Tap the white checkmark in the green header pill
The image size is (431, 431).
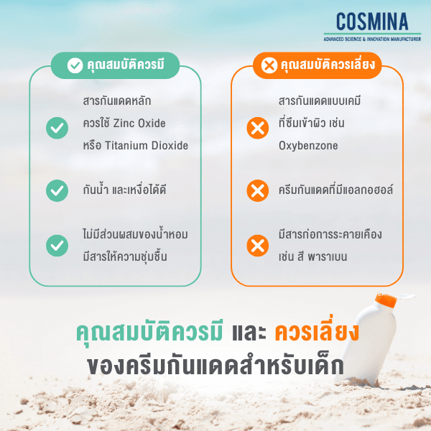click(75, 66)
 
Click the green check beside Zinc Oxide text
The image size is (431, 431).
click(57, 129)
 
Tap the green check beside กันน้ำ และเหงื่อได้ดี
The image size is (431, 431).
click(57, 190)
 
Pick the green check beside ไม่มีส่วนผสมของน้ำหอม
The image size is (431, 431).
click(57, 246)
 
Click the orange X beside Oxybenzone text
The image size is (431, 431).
click(256, 129)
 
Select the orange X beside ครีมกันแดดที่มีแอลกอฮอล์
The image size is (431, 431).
click(256, 190)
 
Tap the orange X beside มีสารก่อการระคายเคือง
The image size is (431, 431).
click(256, 246)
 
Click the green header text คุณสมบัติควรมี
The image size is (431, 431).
click(126, 66)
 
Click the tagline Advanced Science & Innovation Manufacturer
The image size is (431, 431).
click(371, 37)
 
